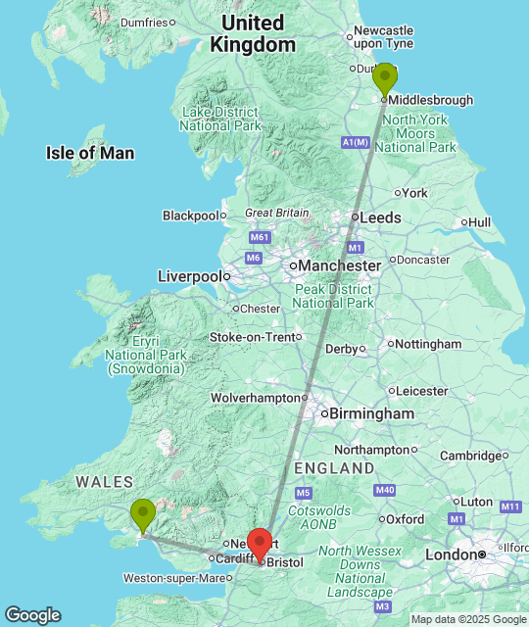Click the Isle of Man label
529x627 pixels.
click(x=90, y=153)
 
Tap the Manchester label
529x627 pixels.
click(x=340, y=265)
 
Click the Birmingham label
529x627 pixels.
click(x=371, y=414)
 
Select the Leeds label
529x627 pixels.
click(x=380, y=217)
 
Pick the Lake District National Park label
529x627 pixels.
click(x=220, y=119)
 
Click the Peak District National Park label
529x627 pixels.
click(x=333, y=296)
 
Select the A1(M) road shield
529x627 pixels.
click(x=356, y=143)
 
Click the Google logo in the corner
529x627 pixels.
click(x=31, y=615)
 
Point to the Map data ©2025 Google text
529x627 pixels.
click(x=468, y=619)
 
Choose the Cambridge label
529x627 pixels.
click(x=471, y=456)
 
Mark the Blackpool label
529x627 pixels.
click(x=190, y=216)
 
